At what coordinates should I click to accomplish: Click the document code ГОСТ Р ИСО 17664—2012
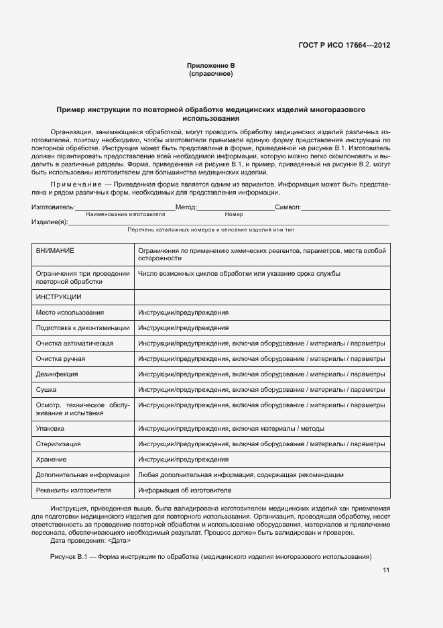344,46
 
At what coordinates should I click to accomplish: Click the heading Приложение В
210,65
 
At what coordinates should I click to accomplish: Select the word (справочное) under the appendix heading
210,74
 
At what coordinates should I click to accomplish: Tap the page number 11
386,570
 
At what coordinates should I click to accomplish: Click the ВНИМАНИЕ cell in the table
55,250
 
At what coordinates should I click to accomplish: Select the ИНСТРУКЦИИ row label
58,297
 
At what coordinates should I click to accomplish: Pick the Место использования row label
70,313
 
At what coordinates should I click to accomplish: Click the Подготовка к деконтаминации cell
82,328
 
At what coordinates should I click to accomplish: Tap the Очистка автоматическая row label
74,344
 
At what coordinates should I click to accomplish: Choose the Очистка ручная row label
60,359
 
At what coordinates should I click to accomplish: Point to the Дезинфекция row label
57,374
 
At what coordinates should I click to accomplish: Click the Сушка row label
46,390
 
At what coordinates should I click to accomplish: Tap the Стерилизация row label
58,444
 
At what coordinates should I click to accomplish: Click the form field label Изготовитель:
53,208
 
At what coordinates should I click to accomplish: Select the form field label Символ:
288,208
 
